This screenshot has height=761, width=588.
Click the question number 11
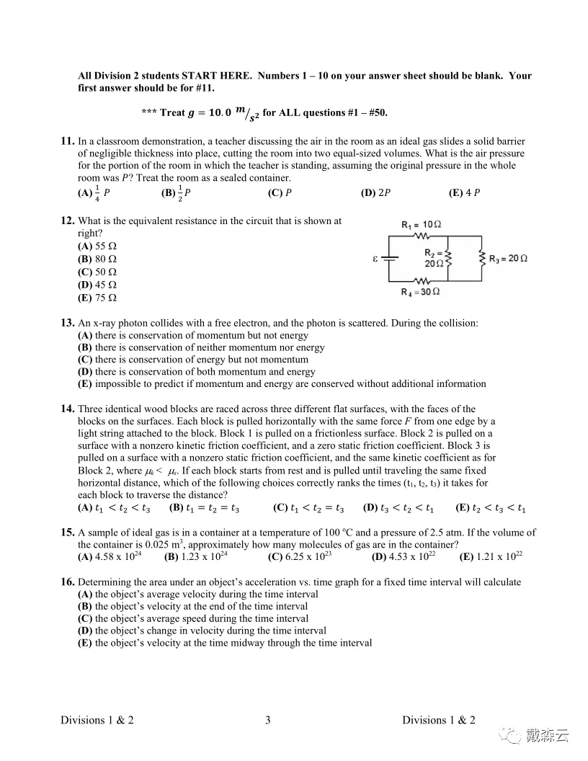pyautogui.click(x=68, y=141)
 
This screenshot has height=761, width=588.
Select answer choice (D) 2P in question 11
pyautogui.click(x=379, y=192)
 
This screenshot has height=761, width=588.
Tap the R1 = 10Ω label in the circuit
pyautogui.click(x=421, y=225)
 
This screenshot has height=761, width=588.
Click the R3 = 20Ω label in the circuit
pyautogui.click(x=508, y=259)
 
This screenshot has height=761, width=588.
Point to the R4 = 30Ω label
pyautogui.click(x=421, y=292)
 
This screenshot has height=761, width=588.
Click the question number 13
pyautogui.click(x=68, y=324)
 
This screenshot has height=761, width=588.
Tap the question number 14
pyautogui.click(x=68, y=409)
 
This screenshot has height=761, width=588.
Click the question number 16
pyautogui.click(x=68, y=582)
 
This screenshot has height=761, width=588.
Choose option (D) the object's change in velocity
pyautogui.click(x=201, y=631)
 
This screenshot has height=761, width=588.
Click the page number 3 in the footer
pyautogui.click(x=267, y=720)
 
